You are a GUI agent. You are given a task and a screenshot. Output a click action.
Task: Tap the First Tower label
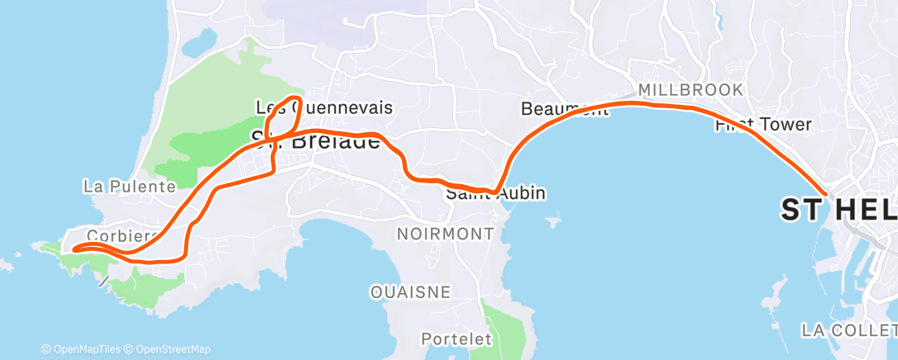(763, 125)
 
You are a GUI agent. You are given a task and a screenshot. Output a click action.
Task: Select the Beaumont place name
(558, 108)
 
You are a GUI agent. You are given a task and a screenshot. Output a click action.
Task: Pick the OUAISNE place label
(410, 291)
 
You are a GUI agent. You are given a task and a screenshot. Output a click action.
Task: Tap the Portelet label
(456, 339)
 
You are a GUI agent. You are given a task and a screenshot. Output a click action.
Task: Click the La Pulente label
(130, 186)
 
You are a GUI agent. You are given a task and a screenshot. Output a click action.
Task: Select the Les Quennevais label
(324, 107)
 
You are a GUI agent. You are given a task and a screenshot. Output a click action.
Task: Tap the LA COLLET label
(849, 330)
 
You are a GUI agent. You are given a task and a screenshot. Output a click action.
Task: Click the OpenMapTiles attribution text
(85, 349)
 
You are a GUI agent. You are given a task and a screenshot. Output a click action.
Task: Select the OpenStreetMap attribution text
(173, 349)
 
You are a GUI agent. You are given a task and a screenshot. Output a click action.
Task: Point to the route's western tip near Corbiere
(74, 249)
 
